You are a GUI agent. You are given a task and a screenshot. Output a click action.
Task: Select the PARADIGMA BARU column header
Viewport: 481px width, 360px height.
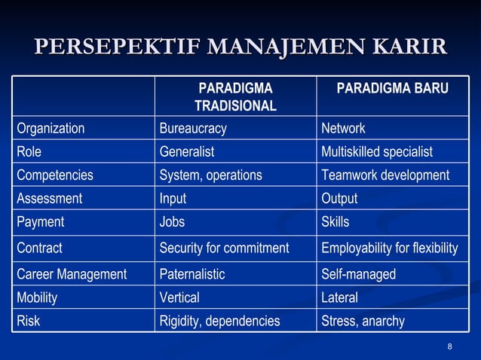(x=392, y=89)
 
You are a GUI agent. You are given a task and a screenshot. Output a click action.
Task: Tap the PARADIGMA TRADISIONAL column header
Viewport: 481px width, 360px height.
(x=235, y=97)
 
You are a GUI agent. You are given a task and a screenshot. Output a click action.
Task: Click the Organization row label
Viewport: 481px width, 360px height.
(x=51, y=128)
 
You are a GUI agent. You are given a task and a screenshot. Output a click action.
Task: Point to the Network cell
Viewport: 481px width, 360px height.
(x=343, y=128)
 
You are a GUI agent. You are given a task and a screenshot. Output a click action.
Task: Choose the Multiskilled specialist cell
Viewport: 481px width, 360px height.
(x=376, y=151)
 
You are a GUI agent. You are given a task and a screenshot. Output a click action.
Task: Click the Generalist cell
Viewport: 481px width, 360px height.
(x=186, y=151)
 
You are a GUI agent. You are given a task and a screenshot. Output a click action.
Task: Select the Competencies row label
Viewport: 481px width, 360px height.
(x=55, y=175)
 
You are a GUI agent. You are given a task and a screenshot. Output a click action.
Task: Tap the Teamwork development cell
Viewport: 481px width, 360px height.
(x=384, y=175)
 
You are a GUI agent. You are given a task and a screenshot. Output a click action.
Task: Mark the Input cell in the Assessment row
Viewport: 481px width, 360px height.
(x=173, y=199)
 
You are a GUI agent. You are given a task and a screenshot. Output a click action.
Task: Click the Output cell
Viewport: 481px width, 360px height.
(x=339, y=199)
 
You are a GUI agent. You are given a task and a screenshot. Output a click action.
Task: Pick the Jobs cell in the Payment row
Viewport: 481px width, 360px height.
(x=173, y=222)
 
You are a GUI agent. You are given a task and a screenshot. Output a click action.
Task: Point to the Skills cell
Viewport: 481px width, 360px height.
(x=335, y=222)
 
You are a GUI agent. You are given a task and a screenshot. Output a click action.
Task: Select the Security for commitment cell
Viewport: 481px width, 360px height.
(x=224, y=248)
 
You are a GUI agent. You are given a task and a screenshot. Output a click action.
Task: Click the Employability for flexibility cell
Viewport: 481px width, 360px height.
(x=389, y=248)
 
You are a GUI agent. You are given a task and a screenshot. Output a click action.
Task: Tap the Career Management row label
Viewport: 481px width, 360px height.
(x=72, y=274)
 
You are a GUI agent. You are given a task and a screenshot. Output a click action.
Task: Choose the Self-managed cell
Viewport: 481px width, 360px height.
(x=358, y=274)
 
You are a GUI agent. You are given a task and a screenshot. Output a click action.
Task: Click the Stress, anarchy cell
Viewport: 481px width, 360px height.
(x=363, y=322)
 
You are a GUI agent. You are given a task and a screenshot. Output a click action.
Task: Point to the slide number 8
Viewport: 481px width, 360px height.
(x=450, y=346)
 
